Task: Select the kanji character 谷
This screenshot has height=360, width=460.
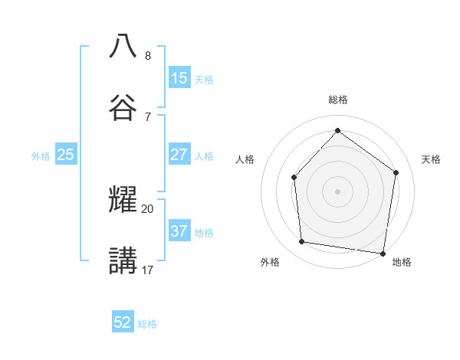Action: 123,106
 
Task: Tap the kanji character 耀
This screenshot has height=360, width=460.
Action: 123,199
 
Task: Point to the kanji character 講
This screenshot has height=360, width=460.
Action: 123,260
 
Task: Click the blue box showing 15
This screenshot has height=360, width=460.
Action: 179,77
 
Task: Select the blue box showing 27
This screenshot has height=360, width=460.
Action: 179,154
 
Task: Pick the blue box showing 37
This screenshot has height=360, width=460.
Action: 179,231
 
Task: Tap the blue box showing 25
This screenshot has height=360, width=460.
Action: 65,155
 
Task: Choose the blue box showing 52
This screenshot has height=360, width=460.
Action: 123,322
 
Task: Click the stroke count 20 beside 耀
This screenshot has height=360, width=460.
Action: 147,208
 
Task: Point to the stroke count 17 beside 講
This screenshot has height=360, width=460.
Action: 147,270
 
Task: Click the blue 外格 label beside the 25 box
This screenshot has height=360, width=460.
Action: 41,155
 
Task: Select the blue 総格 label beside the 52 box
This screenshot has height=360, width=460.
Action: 147,324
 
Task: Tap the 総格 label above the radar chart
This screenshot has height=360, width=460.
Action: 337,100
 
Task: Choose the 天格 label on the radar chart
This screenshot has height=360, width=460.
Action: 431,159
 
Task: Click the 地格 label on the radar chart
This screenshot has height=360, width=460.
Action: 402,262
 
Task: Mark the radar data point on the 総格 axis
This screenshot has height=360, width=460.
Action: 337,130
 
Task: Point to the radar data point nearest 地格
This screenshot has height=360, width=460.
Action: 383,253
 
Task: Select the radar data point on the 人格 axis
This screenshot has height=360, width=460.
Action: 294,178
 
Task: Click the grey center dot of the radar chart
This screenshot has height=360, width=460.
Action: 337,191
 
